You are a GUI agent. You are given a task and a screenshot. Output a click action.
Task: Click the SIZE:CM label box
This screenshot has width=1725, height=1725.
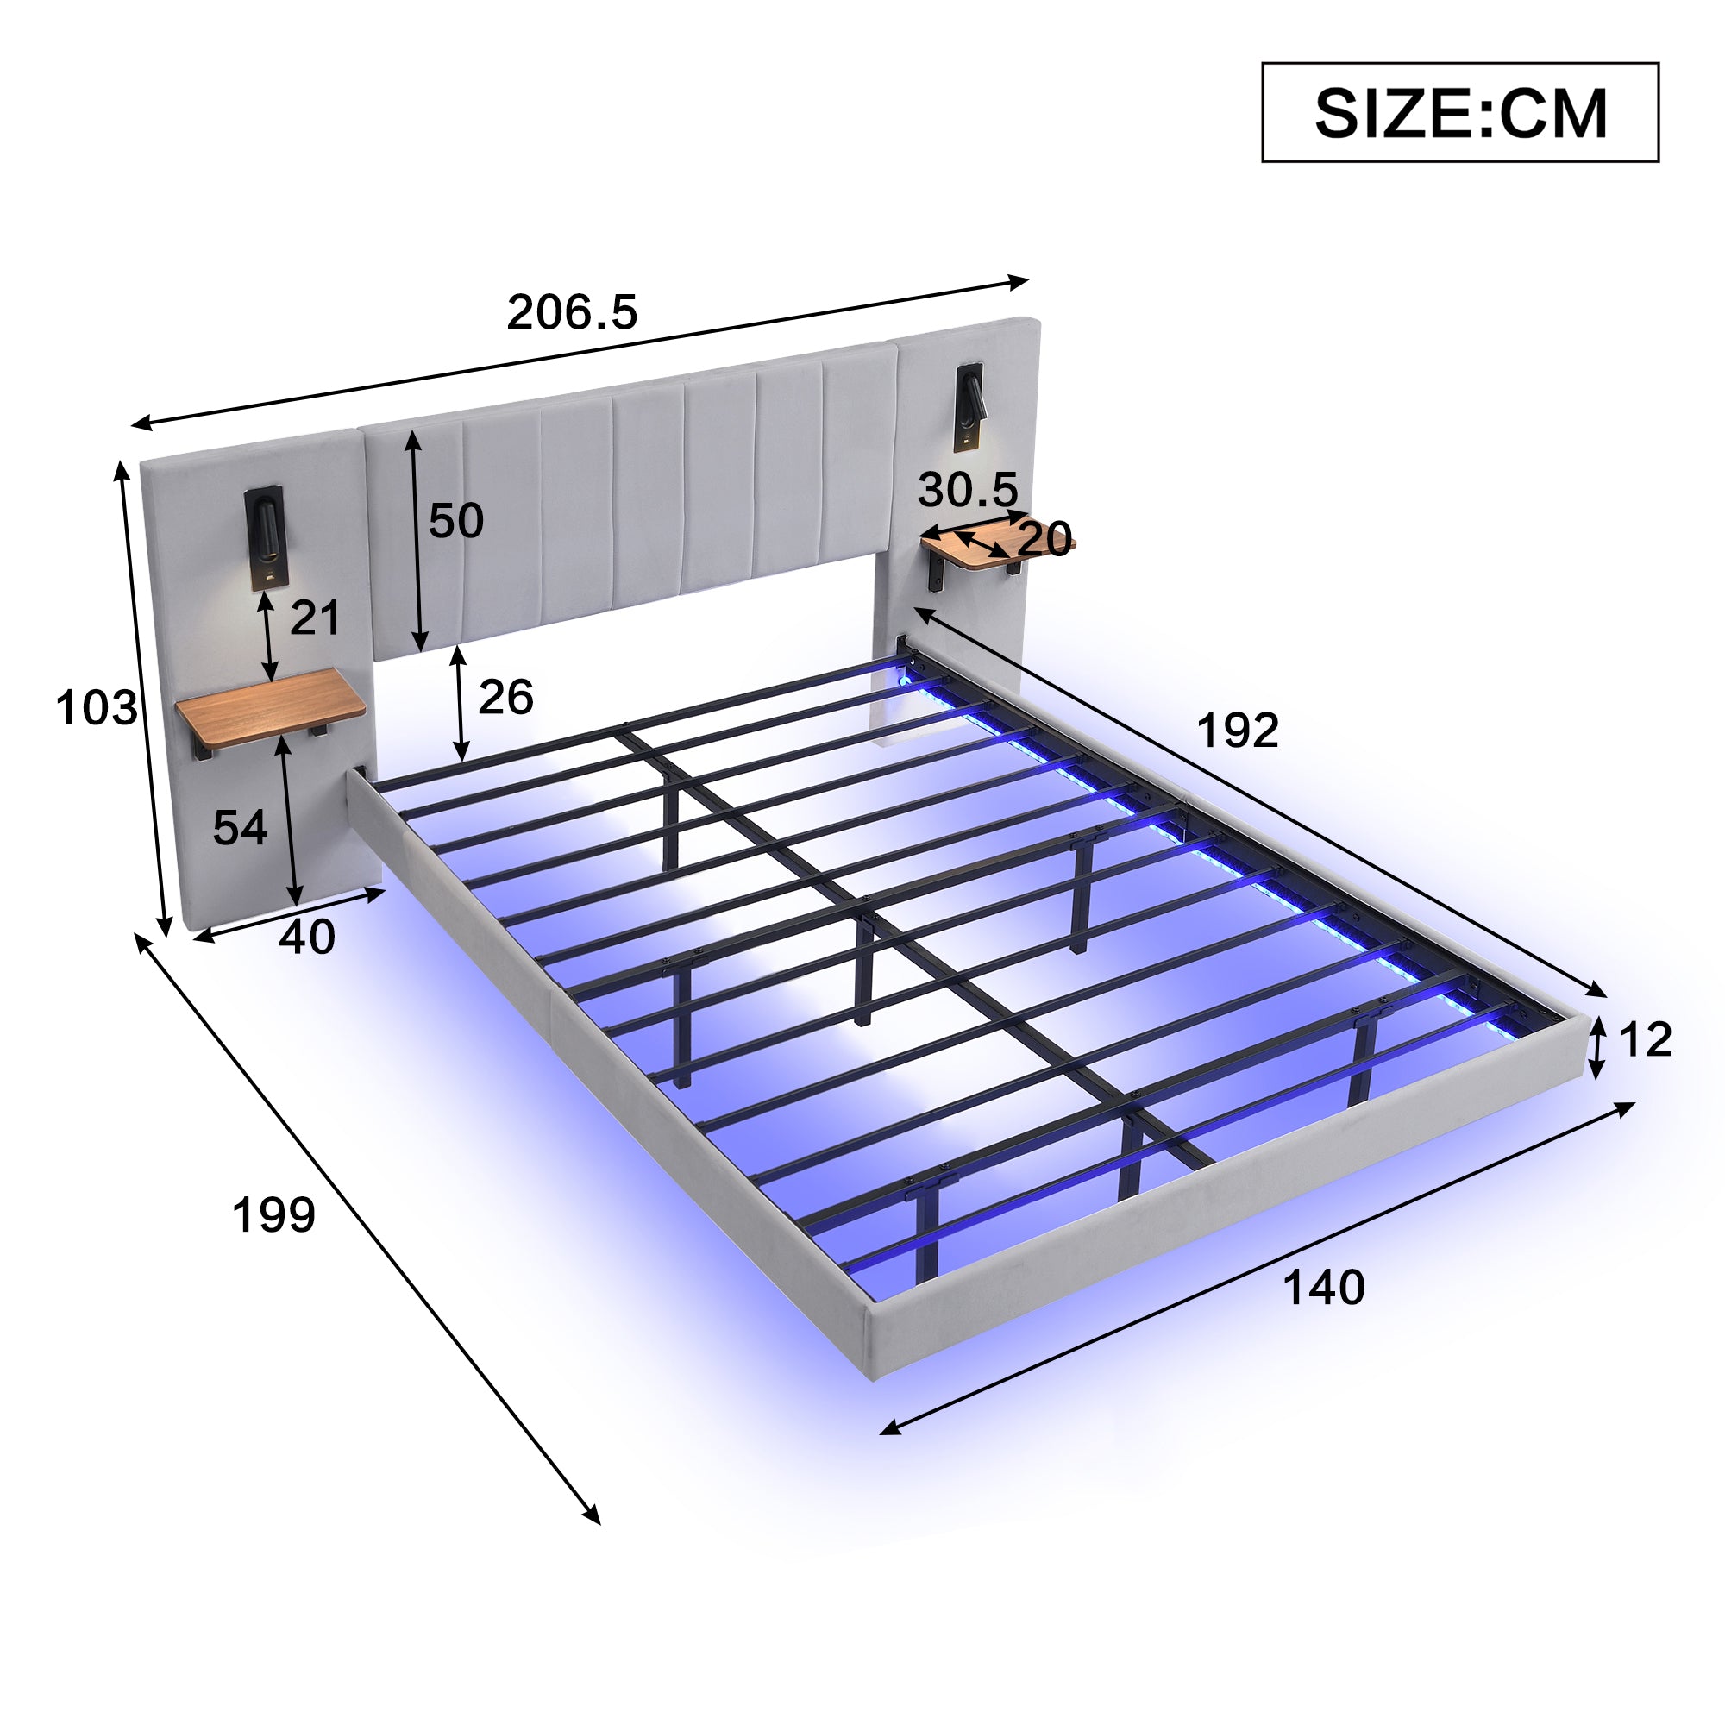coord(1459,112)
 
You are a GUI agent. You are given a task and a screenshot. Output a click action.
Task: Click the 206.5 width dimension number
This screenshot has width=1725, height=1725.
coord(572,312)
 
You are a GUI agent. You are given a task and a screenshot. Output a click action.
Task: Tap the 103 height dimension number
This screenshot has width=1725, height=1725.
coord(96,708)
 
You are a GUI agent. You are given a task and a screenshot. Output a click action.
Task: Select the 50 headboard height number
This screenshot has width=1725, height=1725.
coord(455,521)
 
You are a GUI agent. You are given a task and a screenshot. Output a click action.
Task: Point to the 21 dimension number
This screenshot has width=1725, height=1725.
coord(314,618)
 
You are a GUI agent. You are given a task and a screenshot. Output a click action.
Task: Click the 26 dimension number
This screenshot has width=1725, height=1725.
coord(505,697)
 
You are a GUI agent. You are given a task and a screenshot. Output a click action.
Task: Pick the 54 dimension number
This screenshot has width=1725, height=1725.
coord(239,828)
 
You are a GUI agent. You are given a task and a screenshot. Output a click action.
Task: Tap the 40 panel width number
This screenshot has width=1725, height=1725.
coord(306,938)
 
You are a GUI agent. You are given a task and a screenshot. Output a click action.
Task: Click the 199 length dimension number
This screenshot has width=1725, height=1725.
coord(273,1215)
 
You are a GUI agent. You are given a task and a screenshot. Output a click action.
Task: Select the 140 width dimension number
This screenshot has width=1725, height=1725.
coord(1323,1288)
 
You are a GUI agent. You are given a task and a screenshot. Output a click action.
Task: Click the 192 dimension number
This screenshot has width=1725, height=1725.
coord(1237,731)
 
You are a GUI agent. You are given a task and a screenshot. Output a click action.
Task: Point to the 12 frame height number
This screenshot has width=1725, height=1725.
coord(1645,1040)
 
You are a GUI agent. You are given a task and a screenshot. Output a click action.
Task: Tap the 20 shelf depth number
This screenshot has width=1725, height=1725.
coord(1044,539)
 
